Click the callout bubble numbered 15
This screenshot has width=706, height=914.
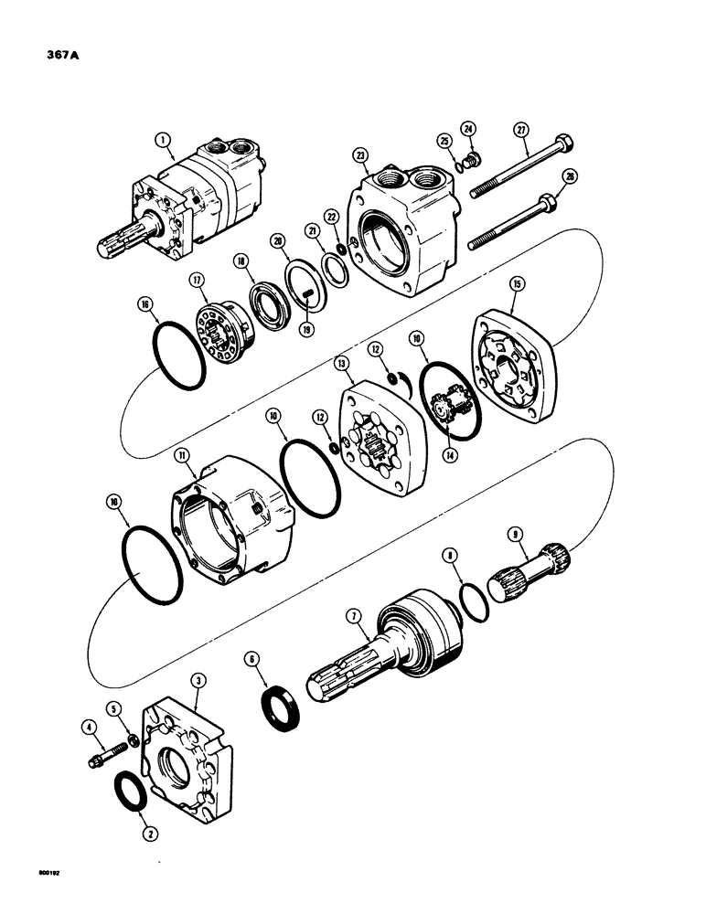tap(518, 286)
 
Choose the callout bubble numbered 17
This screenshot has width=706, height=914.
tap(195, 280)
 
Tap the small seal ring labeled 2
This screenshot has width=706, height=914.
tap(136, 788)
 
